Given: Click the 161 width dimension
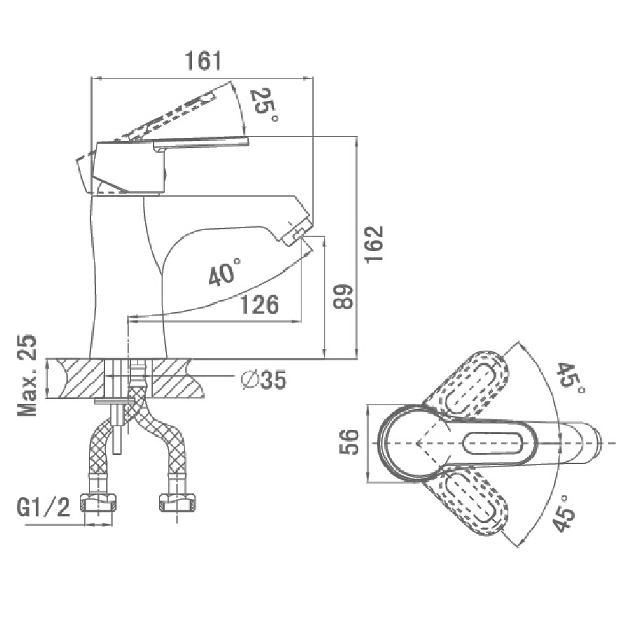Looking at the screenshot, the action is (x=203, y=61).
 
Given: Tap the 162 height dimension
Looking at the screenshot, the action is (x=374, y=244).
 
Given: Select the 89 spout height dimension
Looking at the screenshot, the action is (x=343, y=297).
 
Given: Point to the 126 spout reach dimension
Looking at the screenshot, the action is (x=259, y=305).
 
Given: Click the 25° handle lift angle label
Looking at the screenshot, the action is (x=264, y=105).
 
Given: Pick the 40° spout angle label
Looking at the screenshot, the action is (x=224, y=273).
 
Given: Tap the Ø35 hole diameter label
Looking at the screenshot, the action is (x=264, y=379).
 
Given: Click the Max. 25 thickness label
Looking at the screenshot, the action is (x=27, y=375).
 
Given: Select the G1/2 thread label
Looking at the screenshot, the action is (x=43, y=507).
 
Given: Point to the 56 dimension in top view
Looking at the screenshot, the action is (x=349, y=442).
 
